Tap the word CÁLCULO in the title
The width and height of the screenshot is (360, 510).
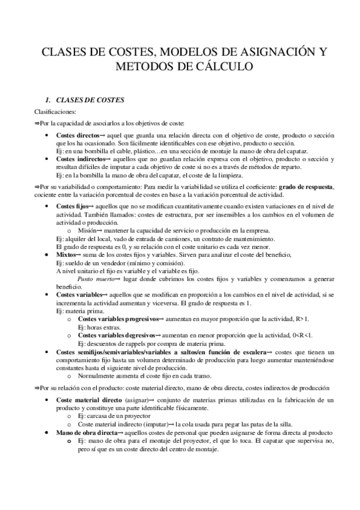(221, 66)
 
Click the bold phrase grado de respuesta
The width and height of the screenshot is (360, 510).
(307, 187)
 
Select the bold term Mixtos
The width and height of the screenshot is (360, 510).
(67, 255)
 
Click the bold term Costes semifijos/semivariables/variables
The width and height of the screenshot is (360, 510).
(137, 351)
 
